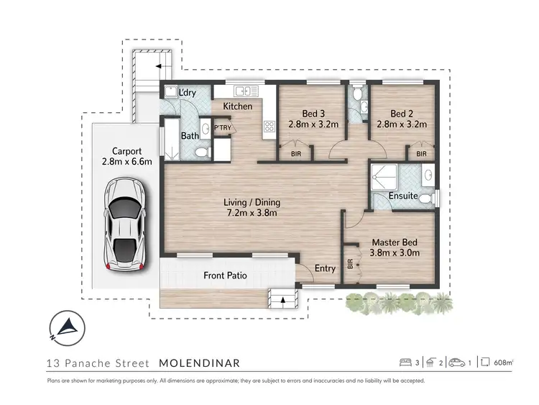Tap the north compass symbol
64,327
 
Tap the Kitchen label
237,106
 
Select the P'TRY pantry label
223,129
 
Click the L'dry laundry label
188,92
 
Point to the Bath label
190,135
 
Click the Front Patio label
225,275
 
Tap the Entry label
326,268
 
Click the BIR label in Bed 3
295,153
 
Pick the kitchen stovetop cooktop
270,127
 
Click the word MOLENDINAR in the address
199,363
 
